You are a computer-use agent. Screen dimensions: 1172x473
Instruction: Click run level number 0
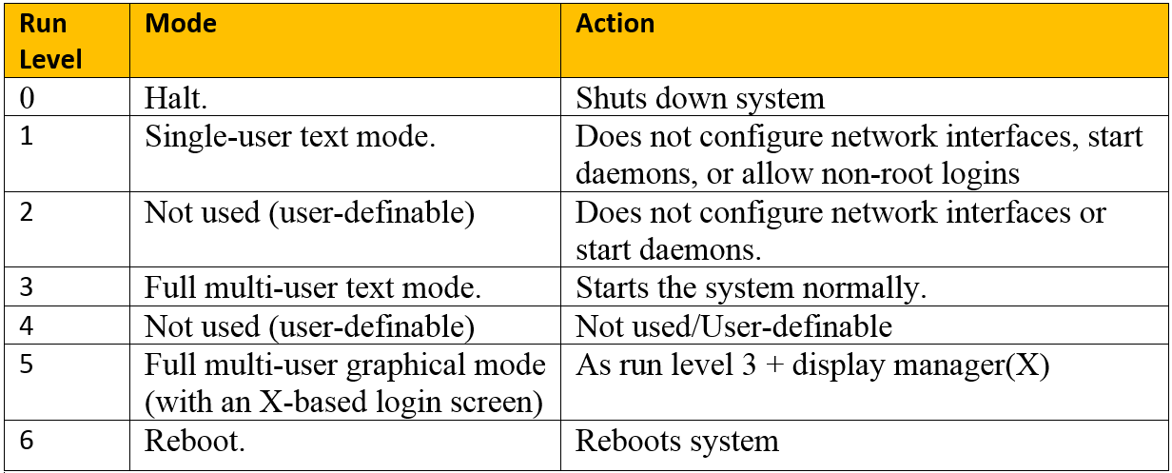[x=26, y=97]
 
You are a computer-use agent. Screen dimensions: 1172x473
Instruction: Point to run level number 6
[x=26, y=441]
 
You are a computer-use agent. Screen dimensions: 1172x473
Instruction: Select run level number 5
[x=26, y=365]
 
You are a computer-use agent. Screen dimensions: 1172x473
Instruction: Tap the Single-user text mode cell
[x=290, y=136]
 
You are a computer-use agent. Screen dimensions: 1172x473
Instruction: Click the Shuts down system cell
[x=700, y=98]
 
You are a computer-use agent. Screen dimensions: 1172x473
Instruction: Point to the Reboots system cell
[x=677, y=442]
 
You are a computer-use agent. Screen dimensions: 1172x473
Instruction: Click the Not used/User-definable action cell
[x=733, y=326]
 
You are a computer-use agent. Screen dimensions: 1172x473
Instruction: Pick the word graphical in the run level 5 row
[x=404, y=365]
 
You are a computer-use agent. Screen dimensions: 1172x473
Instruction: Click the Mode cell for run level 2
[x=309, y=212]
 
